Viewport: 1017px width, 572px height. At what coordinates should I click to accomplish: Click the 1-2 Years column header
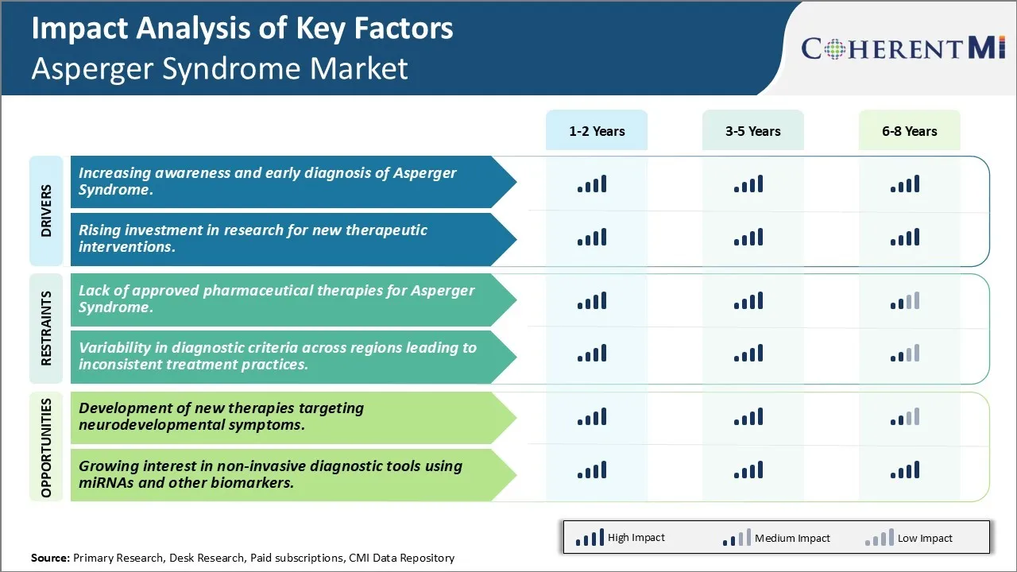pos(596,131)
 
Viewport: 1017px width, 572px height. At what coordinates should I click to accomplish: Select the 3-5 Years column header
pos(752,131)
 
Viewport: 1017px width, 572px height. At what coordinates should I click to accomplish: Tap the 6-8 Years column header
pos(909,131)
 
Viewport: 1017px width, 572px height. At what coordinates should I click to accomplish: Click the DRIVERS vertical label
pos(46,211)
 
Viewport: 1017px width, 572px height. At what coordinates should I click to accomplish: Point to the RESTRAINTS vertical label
pos(46,328)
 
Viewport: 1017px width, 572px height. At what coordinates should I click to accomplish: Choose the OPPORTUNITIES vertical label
pos(46,447)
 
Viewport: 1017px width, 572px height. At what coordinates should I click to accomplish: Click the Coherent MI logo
pos(903,48)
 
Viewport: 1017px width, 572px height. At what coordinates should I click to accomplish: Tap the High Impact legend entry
pos(620,538)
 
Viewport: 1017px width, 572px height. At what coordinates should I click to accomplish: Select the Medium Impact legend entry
pos(775,538)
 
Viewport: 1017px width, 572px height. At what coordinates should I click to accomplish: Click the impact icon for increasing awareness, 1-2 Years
pos(592,184)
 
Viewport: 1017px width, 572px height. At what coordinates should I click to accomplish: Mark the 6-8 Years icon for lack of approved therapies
pos(905,301)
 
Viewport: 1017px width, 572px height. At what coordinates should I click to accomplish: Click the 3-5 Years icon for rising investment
pos(748,238)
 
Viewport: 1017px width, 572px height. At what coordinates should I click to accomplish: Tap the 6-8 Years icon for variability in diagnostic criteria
pos(905,354)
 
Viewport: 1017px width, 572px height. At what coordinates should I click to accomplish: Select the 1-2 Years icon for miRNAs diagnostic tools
pos(592,470)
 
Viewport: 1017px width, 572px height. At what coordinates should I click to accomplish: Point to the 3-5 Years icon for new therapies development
pos(748,417)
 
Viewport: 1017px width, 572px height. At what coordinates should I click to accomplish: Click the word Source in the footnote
pos(49,558)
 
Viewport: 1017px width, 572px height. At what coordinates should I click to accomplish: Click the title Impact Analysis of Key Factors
pos(242,29)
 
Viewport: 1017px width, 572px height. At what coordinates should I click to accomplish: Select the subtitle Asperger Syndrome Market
pos(219,69)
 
